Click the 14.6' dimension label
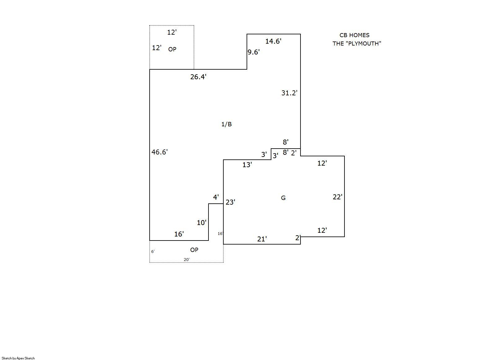273,41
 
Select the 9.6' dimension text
253,52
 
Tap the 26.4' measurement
198,77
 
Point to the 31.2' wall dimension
289,93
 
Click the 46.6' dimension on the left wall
160,152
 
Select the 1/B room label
226,124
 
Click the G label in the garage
283,198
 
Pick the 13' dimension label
247,165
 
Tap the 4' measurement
216,197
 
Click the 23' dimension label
230,202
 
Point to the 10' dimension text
202,223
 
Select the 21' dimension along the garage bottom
262,239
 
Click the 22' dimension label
338,197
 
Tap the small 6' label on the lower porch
153,252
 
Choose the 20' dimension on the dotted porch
186,259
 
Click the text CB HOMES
354,35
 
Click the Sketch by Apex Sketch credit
18,358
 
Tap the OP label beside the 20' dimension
194,250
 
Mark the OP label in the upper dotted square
172,49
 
